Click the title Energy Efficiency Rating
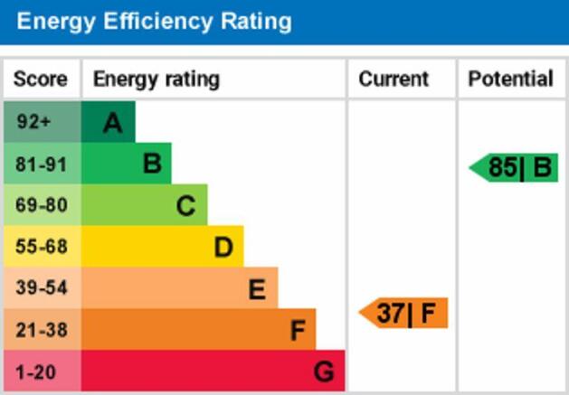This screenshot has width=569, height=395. click(154, 21)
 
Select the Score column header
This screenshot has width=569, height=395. click(41, 80)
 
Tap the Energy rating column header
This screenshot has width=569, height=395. click(156, 80)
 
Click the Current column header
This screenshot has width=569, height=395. click(394, 80)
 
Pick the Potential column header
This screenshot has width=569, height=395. click(510, 80)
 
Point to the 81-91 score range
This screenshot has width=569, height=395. click(41, 165)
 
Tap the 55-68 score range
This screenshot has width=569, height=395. click(41, 247)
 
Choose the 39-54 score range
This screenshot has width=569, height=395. click(41, 288)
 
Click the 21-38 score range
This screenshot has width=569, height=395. click(41, 330)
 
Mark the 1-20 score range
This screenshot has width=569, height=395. click(37, 371)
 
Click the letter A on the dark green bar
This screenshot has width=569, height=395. click(112, 123)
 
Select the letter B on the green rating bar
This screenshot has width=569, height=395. click(152, 165)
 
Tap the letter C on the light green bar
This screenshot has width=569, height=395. click(185, 206)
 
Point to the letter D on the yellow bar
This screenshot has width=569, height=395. click(223, 247)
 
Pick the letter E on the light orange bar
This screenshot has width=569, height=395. click(257, 289)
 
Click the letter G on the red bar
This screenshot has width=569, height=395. click(324, 371)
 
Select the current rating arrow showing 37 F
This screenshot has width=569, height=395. click(405, 314)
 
